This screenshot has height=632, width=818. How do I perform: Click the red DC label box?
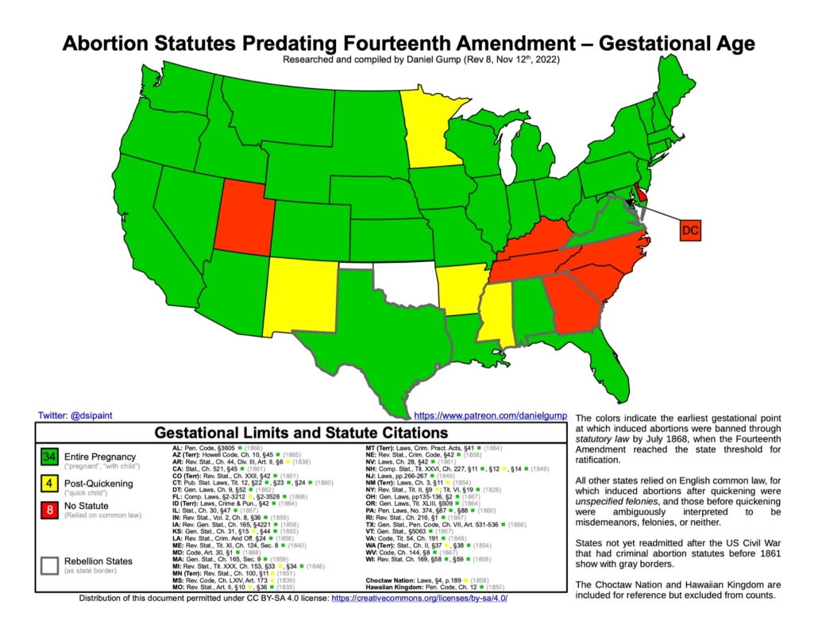(x=689, y=230)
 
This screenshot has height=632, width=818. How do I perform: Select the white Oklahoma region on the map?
(x=407, y=286)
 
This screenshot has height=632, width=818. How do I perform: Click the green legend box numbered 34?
(x=49, y=457)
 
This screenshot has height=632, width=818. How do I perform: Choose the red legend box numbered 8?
(x=49, y=511)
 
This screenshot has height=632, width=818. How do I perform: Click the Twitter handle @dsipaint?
(x=75, y=415)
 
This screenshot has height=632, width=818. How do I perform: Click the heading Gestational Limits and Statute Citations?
(x=300, y=434)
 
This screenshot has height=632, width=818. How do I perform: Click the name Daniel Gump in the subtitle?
(x=412, y=60)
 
